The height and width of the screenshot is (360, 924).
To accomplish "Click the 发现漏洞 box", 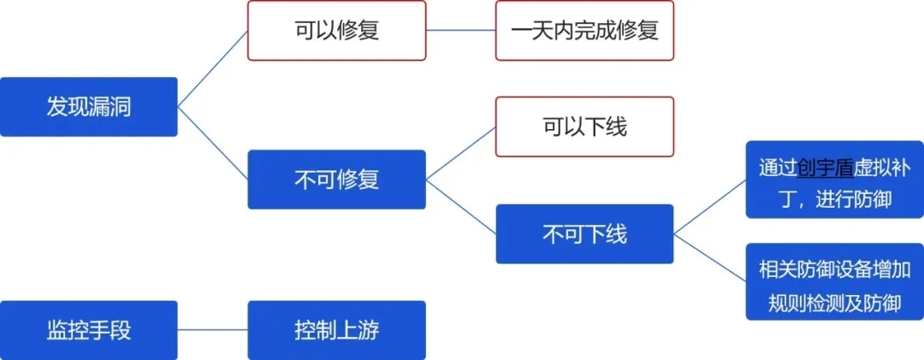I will pos(89,107).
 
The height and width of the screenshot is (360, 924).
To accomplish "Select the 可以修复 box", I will pos(336,30).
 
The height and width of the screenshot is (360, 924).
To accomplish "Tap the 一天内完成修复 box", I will pos(584,30).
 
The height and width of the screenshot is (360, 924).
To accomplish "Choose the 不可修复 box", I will pos(336,180).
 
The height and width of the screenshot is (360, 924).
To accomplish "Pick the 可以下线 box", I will pos(584,127).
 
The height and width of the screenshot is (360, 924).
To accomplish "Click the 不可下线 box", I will pos(584,233).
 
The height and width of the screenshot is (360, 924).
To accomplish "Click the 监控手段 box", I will pos(89,330).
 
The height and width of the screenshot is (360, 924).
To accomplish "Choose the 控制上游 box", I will pos(336,330).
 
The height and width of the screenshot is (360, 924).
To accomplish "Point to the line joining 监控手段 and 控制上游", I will pos(212,330).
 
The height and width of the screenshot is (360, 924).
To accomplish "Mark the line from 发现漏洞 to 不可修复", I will pos(212,143).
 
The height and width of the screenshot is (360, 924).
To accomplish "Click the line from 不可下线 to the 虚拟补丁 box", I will pos(709,206).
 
